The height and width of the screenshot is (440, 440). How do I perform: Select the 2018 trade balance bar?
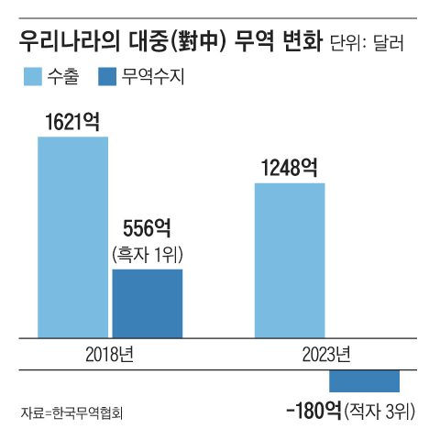coord(147,303)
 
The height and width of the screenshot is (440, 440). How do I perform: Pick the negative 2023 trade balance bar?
coord(364,379)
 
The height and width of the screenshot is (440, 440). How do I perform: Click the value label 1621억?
coord(71,122)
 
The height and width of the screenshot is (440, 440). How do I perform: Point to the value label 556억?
coord(147,228)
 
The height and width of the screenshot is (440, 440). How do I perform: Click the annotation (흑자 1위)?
coord(147,253)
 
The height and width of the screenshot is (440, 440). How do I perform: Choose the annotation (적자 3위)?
coord(380,411)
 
